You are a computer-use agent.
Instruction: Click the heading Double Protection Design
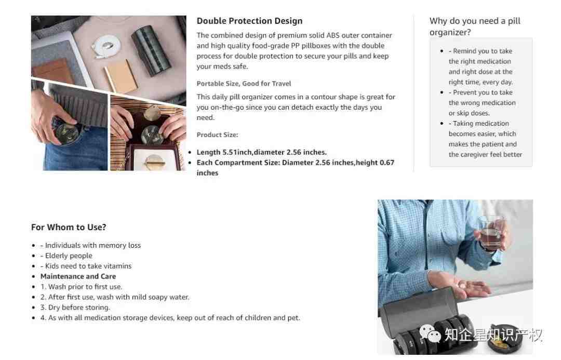[249, 21]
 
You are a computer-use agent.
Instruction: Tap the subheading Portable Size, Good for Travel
[244, 84]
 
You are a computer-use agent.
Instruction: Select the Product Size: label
[217, 135]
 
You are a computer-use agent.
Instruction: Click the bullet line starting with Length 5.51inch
[261, 152]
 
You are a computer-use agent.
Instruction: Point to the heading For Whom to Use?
[69, 227]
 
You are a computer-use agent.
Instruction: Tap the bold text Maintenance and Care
[78, 276]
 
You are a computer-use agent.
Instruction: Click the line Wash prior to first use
[81, 287]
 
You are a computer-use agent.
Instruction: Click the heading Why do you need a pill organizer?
[475, 26]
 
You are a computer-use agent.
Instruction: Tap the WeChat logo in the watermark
[430, 334]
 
